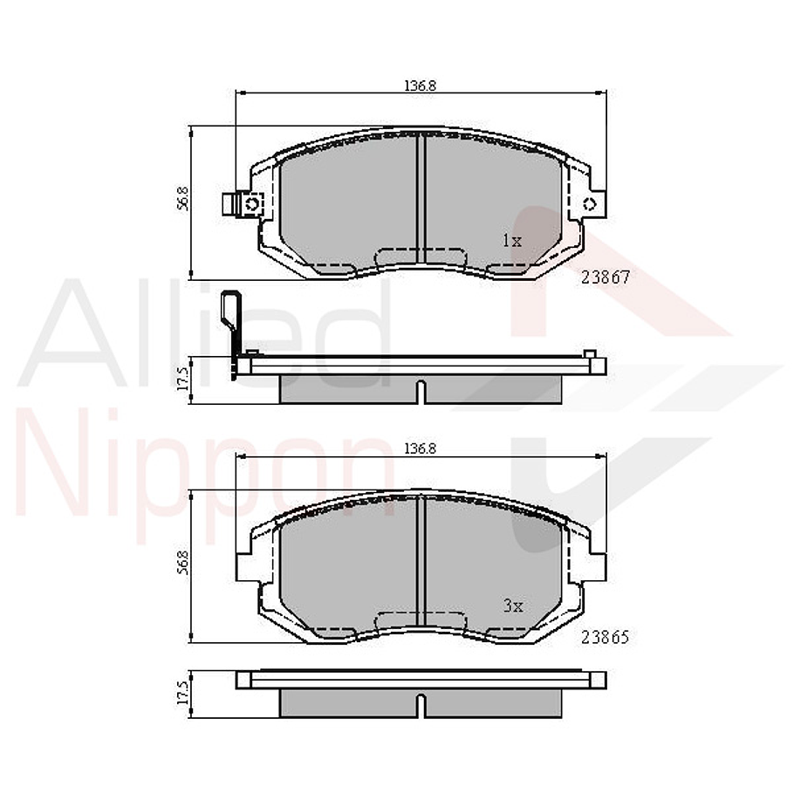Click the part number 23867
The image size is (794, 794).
pyautogui.click(x=605, y=277)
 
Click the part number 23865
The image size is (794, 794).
pyautogui.click(x=605, y=637)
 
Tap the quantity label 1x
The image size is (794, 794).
pyautogui.click(x=511, y=240)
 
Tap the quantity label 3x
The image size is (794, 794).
pyautogui.click(x=511, y=605)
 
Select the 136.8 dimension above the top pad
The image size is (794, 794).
pyautogui.click(x=420, y=86)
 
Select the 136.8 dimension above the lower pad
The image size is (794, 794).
pyautogui.click(x=420, y=448)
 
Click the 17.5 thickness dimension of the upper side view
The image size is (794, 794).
pyautogui.click(x=182, y=382)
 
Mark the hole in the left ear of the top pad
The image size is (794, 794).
pyautogui.click(x=253, y=203)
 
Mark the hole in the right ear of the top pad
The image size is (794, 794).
pyautogui.click(x=588, y=203)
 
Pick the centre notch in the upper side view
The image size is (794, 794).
pyautogui.click(x=421, y=391)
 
